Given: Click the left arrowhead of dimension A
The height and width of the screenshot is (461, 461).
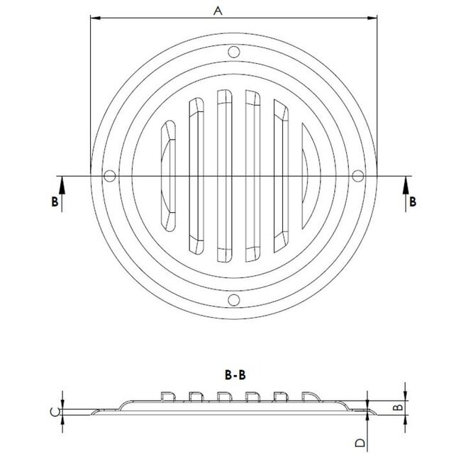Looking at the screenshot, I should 94,20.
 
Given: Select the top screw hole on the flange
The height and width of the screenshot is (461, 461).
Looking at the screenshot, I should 232,51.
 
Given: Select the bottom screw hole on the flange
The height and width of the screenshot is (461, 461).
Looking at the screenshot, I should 232,300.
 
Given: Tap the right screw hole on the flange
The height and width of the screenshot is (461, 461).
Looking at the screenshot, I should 357,176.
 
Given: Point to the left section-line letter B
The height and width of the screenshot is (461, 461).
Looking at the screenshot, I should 54,201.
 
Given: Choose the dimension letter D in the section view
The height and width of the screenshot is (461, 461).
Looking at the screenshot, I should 360,443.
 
